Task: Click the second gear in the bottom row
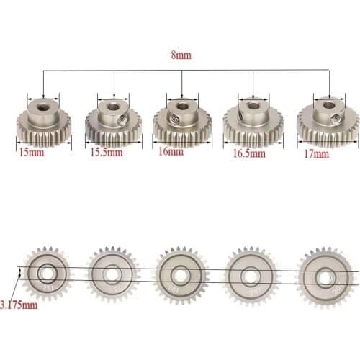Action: [110, 274]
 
